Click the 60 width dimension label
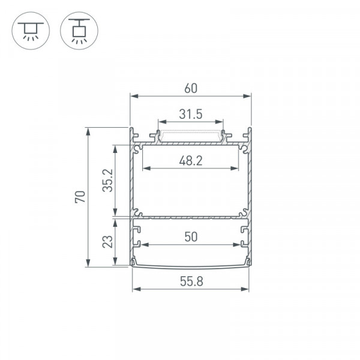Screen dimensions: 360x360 click(191, 88)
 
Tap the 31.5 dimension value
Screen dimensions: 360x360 click(191, 114)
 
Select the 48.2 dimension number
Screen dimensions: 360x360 click(191, 161)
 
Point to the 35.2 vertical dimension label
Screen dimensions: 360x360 click(107, 181)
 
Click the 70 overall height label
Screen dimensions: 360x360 click(80, 197)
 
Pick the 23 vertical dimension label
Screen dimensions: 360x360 click(107, 242)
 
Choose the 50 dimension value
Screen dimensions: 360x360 click(191, 237)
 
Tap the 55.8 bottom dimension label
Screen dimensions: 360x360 click(191, 281)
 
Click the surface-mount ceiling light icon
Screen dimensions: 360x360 click(31, 31)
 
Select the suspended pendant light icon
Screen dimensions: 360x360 click(79, 31)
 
